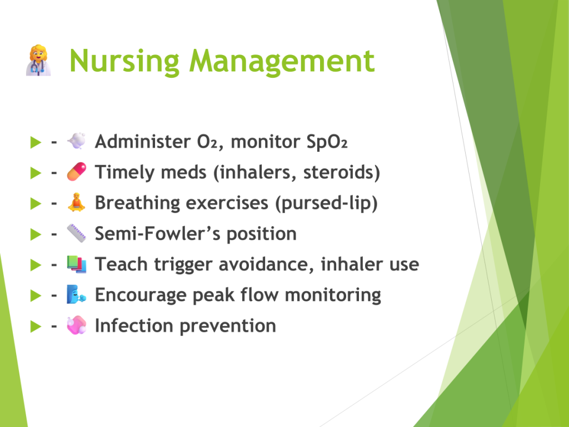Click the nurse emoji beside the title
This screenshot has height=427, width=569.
38,60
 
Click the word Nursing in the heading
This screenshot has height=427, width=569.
124,61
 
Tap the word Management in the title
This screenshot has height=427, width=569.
282,61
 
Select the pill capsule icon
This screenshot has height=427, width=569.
77,172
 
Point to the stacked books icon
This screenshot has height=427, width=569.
77,264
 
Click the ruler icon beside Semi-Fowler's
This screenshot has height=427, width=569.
77,233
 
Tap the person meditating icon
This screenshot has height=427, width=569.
77,202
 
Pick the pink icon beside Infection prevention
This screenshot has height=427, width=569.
77,325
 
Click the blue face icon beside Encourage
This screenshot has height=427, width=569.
76,295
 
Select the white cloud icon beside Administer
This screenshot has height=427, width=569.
77,141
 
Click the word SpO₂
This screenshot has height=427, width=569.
327,142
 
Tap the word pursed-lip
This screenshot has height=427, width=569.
326,203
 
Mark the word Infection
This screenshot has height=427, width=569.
134,325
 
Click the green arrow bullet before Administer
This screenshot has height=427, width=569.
36,142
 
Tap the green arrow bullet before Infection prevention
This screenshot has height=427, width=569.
36,326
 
